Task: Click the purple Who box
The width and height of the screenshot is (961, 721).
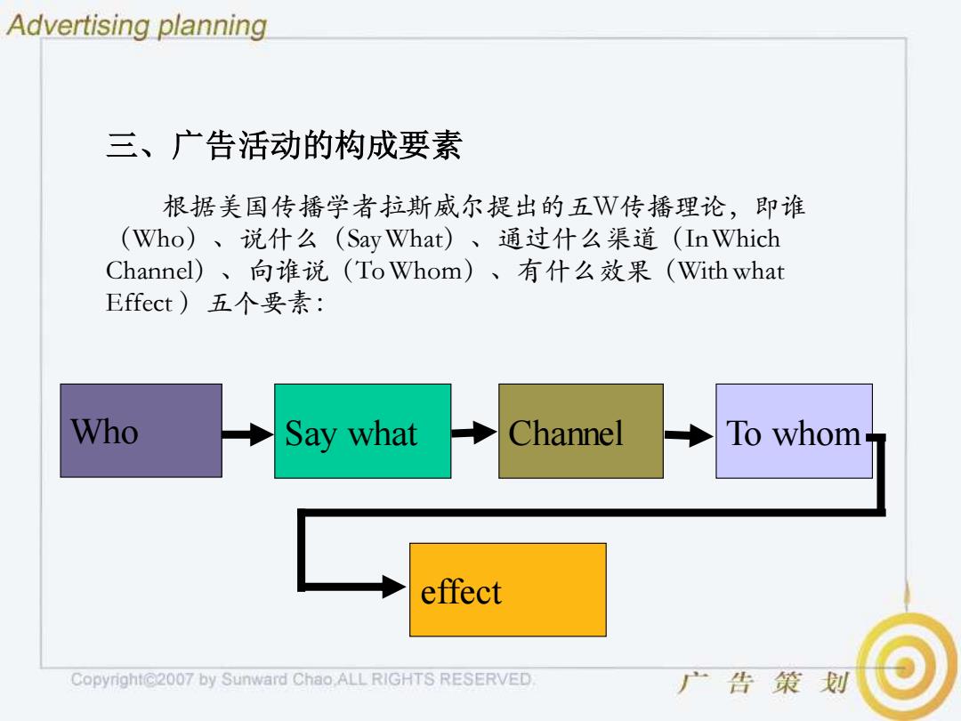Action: coord(141,431)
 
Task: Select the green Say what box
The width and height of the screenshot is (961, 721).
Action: coord(363,431)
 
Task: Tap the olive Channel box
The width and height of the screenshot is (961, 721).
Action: coord(581,431)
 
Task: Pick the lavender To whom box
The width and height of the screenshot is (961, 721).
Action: coord(795,431)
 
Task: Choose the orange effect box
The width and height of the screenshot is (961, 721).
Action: coord(508,590)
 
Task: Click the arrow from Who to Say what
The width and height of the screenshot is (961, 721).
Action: coord(247,434)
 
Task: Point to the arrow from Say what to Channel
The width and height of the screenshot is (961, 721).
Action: coord(473,433)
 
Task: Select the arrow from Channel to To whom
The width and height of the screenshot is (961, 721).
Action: coord(689,435)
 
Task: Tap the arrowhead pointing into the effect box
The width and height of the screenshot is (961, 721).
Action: coord(393,587)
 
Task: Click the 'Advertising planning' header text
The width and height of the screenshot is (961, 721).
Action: coord(137,25)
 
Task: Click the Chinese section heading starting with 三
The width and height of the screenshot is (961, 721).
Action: coord(284,145)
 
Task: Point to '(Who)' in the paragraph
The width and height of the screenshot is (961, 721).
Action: coord(158,239)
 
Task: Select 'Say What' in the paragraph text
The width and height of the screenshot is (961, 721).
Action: coord(395,239)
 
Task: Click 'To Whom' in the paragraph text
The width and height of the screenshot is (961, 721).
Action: coord(408,271)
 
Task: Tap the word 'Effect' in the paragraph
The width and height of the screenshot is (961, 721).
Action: coord(139,303)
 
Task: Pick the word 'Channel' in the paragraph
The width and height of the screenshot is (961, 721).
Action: coord(149,271)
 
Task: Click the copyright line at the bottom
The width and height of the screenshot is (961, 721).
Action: coord(303,679)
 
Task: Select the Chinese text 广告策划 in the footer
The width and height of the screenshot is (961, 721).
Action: coord(763,683)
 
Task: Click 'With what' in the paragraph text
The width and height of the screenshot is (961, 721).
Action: coord(731,271)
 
